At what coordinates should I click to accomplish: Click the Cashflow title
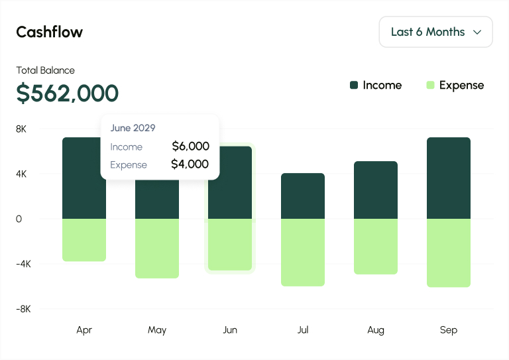click(49, 32)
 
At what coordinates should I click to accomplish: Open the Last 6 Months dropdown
click(435, 32)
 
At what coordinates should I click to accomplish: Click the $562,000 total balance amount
click(67, 93)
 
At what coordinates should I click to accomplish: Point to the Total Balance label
click(45, 70)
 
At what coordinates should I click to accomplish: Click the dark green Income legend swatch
click(354, 85)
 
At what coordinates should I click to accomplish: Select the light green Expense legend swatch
click(430, 85)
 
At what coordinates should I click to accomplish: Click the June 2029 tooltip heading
click(133, 128)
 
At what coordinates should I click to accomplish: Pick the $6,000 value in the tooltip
click(190, 147)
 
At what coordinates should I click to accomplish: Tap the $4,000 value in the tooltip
click(190, 164)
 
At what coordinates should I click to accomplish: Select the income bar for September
click(449, 178)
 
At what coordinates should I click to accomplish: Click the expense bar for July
click(303, 252)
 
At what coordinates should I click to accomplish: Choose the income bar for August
click(376, 190)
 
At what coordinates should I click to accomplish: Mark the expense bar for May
click(157, 248)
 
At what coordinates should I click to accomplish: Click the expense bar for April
click(84, 239)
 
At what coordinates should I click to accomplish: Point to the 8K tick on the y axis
click(21, 129)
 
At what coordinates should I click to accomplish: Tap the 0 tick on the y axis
click(19, 219)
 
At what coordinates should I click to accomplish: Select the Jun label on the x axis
click(230, 330)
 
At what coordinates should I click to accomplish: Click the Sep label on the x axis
click(449, 330)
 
